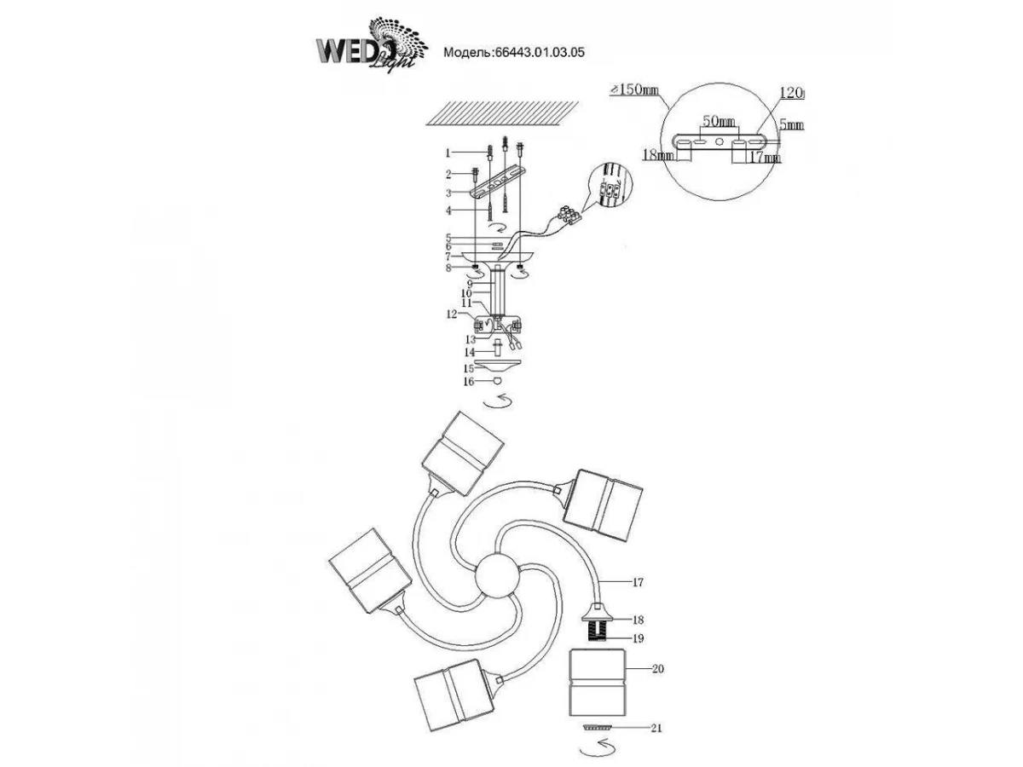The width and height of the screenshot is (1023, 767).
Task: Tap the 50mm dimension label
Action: [718, 123]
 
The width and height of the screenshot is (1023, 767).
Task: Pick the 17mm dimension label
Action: [764, 157]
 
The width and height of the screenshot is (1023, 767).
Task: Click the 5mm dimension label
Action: [792, 124]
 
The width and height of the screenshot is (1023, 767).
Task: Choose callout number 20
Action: [656, 670]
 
